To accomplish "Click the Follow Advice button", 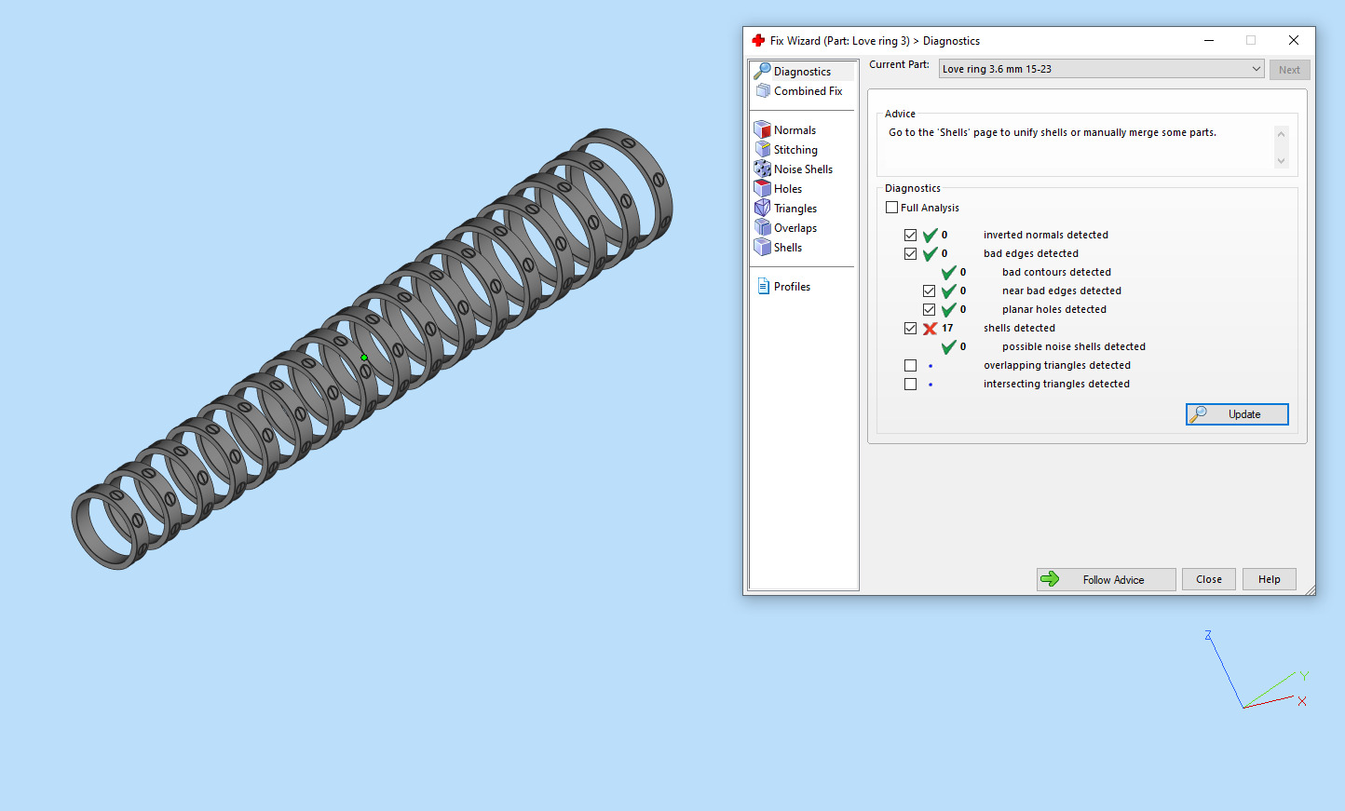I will coord(1106,579).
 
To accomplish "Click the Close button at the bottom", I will coord(1208,579).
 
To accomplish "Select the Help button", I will coord(1269,579).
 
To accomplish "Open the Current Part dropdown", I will coord(1256,69).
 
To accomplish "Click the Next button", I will coord(1289,70).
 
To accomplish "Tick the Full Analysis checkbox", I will coord(892,208).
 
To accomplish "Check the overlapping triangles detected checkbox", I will coord(910,366).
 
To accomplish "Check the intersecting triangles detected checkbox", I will coord(910,385).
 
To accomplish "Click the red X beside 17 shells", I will coord(930,329).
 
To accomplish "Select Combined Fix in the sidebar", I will coord(807,91).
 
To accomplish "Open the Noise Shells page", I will coord(802,169).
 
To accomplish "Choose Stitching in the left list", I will coord(795,150).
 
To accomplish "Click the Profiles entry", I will coord(791,287).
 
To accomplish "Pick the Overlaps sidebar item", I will coord(795,228).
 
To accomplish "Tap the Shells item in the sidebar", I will coord(787,248).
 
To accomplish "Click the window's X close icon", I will coord(1293,40).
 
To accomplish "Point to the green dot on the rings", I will coord(364,358).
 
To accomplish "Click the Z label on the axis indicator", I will coord(1208,635).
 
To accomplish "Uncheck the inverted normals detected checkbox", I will coord(910,236).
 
